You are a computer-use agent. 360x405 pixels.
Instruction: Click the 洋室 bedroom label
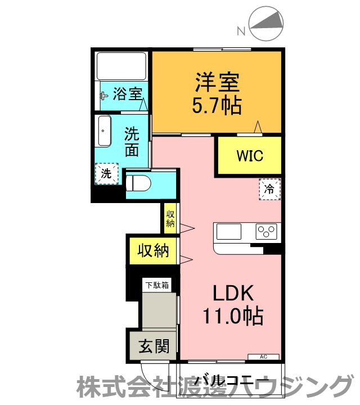[217, 83]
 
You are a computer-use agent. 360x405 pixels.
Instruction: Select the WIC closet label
[250, 155]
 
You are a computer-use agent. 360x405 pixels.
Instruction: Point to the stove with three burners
[267, 231]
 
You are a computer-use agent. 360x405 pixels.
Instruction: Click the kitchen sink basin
[228, 231]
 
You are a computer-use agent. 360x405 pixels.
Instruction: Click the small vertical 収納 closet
[170, 218]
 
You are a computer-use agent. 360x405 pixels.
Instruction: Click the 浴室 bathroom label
[127, 94]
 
